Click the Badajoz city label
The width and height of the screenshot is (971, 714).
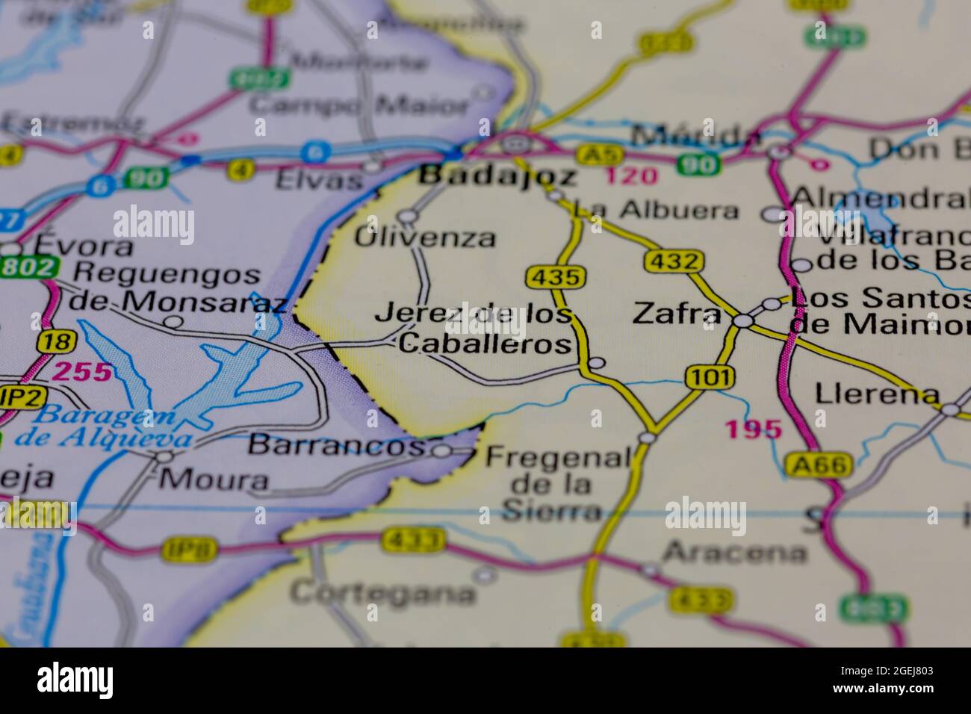tap(497, 176)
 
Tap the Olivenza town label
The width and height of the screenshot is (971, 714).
tap(424, 238)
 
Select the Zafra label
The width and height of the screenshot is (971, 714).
tap(676, 314)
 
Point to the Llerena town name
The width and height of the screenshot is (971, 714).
tap(877, 393)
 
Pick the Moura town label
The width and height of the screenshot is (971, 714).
tap(214, 479)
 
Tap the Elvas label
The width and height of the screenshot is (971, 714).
tap(319, 179)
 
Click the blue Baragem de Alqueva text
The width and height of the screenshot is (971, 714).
tap(112, 428)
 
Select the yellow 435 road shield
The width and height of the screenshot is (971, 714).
tap(553, 277)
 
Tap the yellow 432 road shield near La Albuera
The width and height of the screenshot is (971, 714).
tap(673, 261)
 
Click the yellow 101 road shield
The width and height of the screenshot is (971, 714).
tap(710, 377)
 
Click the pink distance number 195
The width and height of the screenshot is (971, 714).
tap(754, 429)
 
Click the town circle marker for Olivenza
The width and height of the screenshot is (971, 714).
tap(407, 217)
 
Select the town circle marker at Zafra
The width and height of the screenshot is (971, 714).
tap(742, 320)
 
